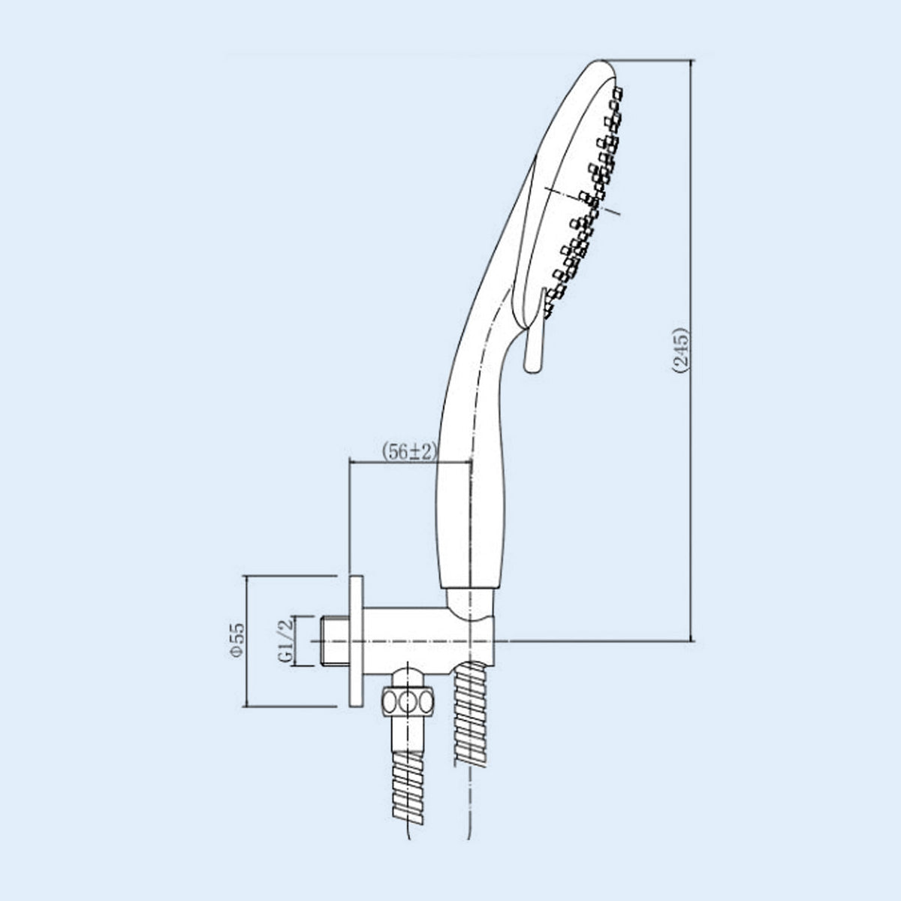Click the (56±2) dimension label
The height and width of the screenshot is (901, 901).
point(408,452)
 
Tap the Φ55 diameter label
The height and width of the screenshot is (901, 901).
point(237,640)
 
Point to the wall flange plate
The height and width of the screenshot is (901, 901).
point(356,640)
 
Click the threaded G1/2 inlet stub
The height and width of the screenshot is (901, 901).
point(335,640)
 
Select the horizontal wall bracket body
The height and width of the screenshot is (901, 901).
point(428,641)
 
